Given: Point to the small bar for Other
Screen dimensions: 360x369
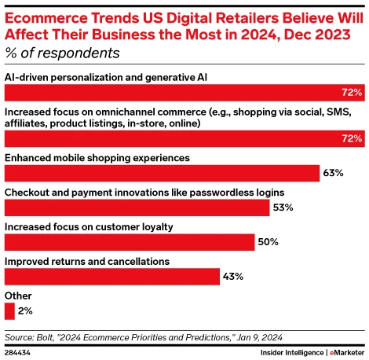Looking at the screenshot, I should pyautogui.click(x=9, y=311).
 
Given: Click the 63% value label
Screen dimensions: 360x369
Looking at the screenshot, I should pyautogui.click(x=334, y=173).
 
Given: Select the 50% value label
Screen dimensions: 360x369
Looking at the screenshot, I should pyautogui.click(x=269, y=242).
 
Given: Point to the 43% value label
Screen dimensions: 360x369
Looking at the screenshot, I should pyautogui.click(x=233, y=277).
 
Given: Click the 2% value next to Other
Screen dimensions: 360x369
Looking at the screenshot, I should pyautogui.click(x=25, y=311).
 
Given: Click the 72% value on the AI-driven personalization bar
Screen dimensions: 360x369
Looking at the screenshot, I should pyautogui.click(x=352, y=93).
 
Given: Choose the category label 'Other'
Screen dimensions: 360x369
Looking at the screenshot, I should pyautogui.click(x=18, y=296).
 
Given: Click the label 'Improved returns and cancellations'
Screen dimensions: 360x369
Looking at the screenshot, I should pyautogui.click(x=87, y=261).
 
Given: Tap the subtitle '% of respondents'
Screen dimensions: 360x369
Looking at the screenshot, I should pyautogui.click(x=63, y=53).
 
